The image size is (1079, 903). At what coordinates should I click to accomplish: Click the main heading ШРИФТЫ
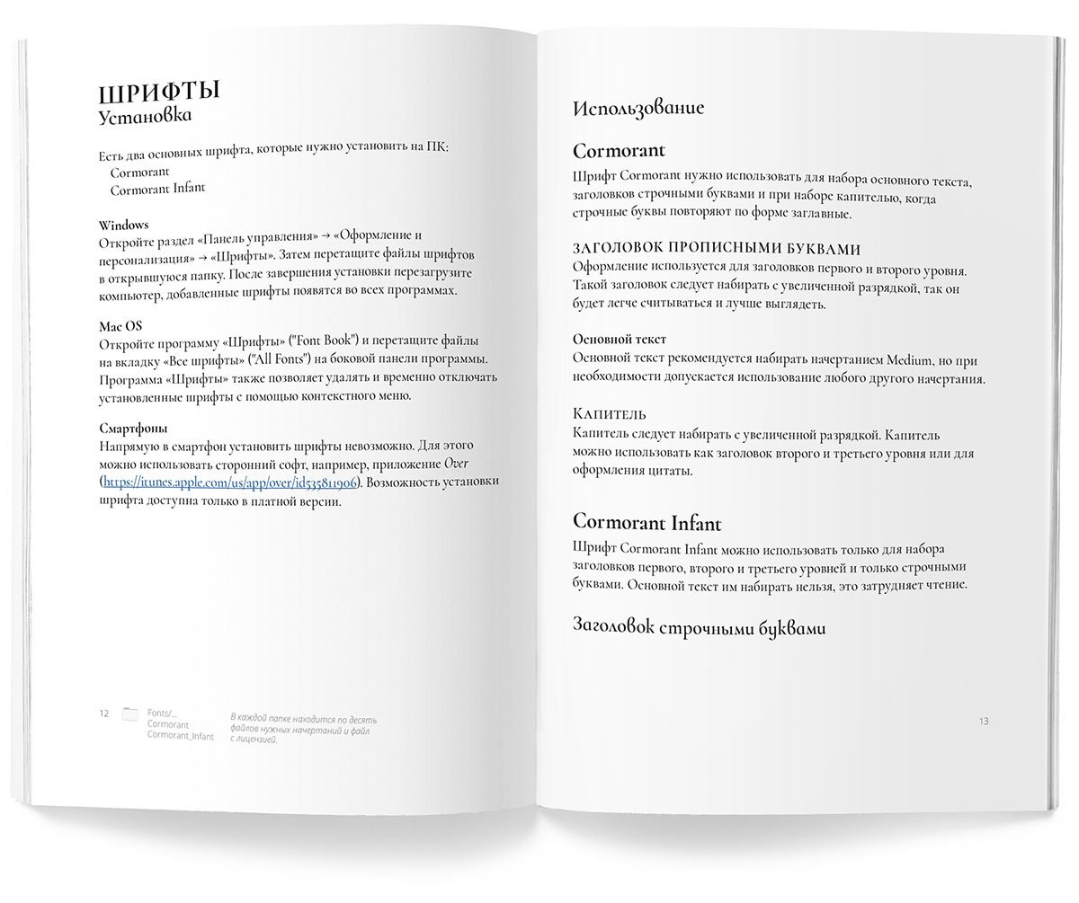[x=159, y=93]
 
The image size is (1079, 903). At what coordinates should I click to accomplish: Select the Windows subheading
[x=123, y=225]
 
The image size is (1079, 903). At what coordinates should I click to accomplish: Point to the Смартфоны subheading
[x=134, y=429]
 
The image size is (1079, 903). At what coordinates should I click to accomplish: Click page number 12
[x=104, y=713]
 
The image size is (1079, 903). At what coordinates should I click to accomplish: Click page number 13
[x=983, y=721]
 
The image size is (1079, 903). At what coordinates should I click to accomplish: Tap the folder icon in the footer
[x=129, y=714]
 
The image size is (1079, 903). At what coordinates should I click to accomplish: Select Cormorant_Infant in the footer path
[x=181, y=737]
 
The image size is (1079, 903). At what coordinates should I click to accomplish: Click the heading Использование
[x=638, y=108]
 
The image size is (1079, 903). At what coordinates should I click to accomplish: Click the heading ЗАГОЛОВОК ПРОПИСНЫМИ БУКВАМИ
[x=717, y=248]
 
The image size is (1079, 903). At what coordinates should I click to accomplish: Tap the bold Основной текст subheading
[x=620, y=339]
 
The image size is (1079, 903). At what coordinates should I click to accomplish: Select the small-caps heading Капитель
[x=610, y=413]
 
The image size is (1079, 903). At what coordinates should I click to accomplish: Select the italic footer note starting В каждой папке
[x=303, y=729]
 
